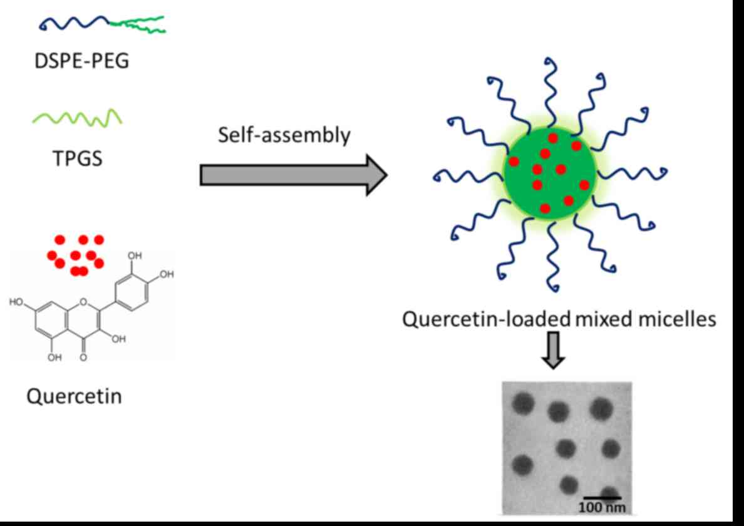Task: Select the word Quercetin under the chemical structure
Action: [x=73, y=396]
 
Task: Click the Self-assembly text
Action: [x=284, y=136]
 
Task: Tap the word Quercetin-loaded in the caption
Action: [x=486, y=320]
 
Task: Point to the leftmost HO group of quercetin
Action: [x=17, y=302]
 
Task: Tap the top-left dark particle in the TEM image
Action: [x=524, y=405]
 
